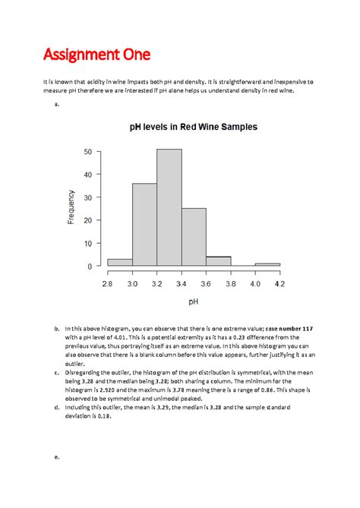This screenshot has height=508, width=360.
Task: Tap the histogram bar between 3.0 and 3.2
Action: click(144, 225)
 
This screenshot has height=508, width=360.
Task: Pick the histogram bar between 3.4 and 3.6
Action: click(194, 237)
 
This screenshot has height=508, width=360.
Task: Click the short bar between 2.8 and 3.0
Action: click(120, 263)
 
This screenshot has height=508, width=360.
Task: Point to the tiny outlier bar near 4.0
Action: click(267, 264)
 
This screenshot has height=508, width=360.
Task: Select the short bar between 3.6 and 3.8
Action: click(218, 261)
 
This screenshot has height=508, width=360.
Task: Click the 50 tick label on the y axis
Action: click(89, 152)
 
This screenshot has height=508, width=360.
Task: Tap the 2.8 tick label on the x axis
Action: click(108, 282)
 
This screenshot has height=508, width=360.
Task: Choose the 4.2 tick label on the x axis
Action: click(279, 282)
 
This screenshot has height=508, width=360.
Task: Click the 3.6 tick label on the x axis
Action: click(206, 282)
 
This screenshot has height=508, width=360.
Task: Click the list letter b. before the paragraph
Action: click(57, 327)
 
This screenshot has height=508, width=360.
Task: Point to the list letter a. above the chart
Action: click(57, 106)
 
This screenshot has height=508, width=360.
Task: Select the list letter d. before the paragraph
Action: click(57, 407)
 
